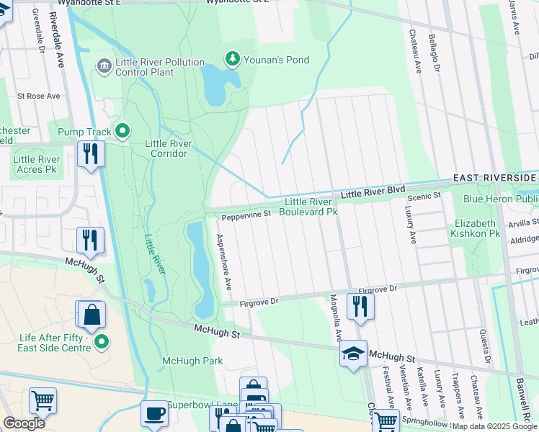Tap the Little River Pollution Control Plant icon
coord(104,67)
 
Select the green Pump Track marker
coord(122,131)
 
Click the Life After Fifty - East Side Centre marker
coord(102,341)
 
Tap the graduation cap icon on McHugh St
coord(353,354)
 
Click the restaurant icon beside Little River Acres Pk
coord(91,153)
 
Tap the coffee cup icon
coord(154,413)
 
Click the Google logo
coord(24,423)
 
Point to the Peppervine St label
coord(245,214)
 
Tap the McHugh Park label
coord(192,361)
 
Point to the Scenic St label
coord(424,196)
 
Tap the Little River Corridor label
coord(169,148)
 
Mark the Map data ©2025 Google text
coord(494,426)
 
